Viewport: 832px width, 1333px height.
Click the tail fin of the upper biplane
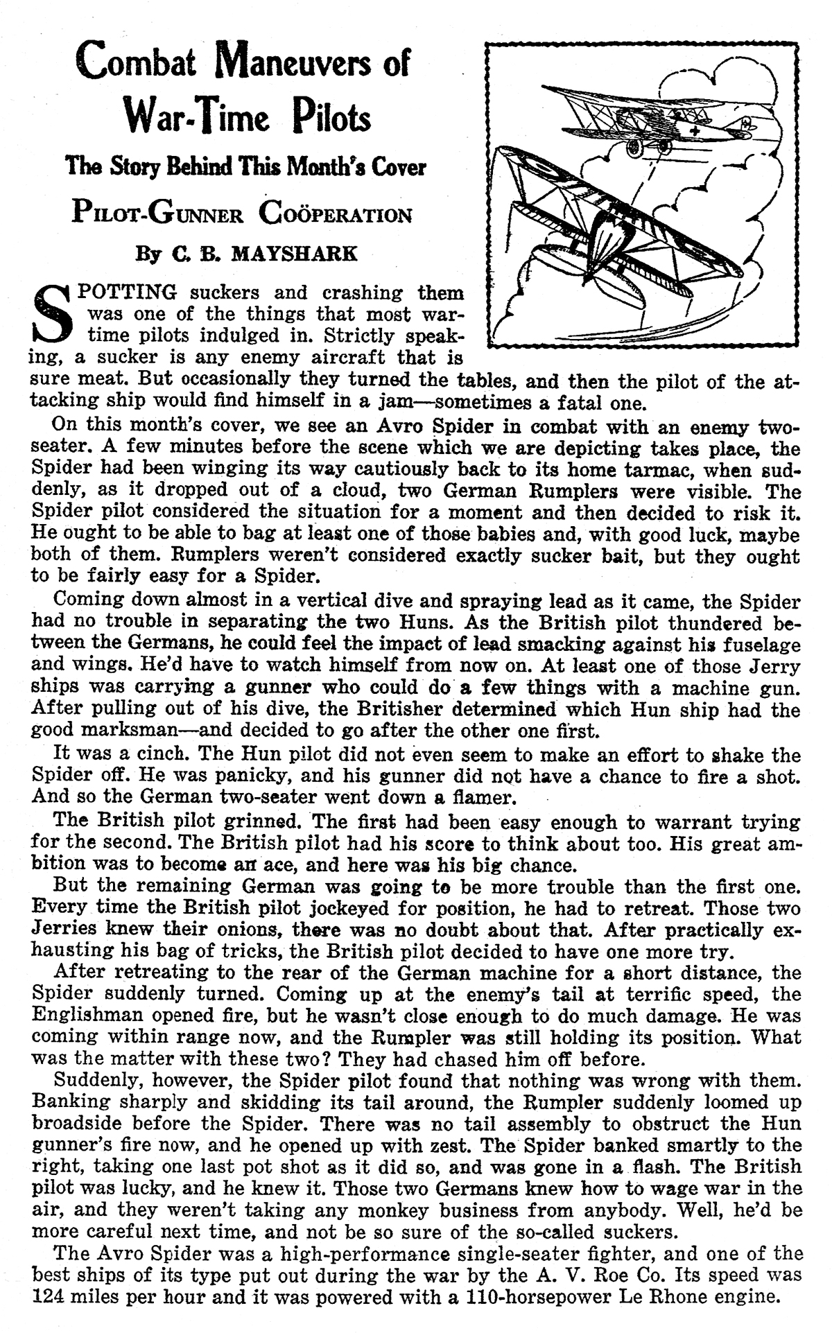point(747,124)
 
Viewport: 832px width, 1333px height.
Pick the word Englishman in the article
point(89,1017)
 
